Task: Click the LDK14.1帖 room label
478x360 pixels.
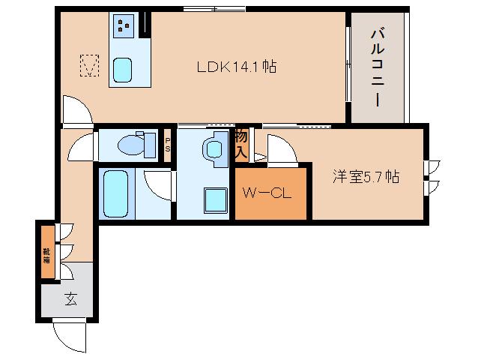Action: click(x=237, y=67)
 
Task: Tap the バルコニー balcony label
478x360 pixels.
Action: click(x=378, y=67)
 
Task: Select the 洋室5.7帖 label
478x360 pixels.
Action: click(x=366, y=177)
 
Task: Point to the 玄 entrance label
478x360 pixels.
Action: click(x=70, y=299)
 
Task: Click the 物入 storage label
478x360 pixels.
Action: click(x=241, y=143)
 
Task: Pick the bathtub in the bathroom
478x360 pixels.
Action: click(x=117, y=193)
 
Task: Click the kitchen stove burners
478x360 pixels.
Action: click(x=123, y=28)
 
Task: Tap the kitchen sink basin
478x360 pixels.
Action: click(x=123, y=70)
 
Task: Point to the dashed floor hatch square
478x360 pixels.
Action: click(x=90, y=67)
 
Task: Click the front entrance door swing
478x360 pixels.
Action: click(x=69, y=335)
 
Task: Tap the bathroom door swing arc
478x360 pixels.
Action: click(x=160, y=184)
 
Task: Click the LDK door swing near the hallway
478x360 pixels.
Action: click(x=76, y=111)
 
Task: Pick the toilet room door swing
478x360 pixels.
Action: click(x=82, y=147)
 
